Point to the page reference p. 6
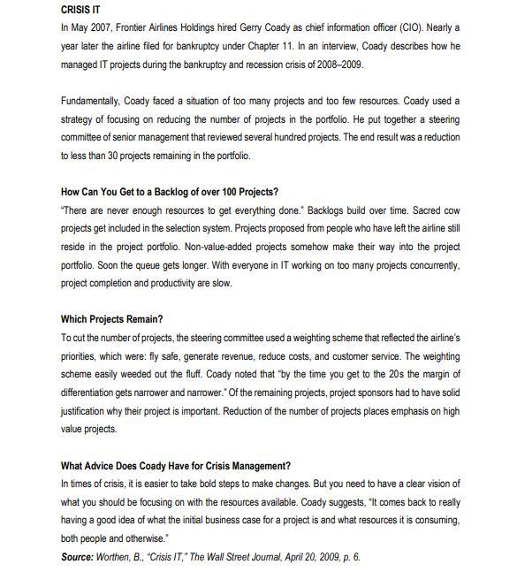pos(349,557)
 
